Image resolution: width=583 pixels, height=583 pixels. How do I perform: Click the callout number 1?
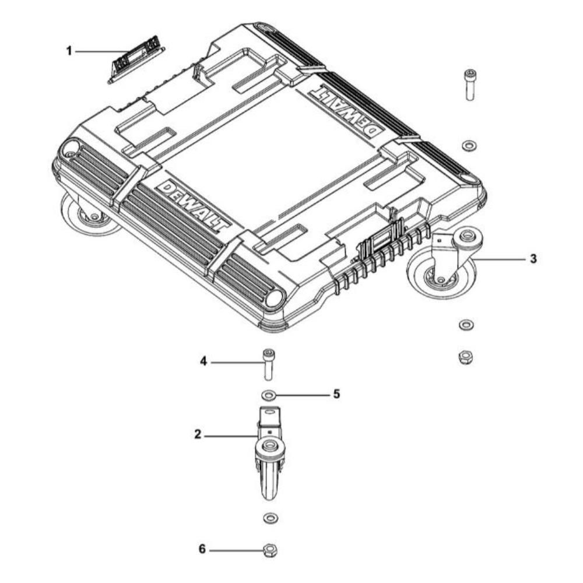(x=69, y=51)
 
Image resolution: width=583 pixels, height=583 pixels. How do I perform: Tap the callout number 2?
(x=198, y=434)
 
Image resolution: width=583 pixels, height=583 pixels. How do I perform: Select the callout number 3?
(x=533, y=259)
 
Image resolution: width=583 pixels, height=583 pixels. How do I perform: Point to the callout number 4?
(x=203, y=361)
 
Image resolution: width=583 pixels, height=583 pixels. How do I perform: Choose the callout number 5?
(x=336, y=394)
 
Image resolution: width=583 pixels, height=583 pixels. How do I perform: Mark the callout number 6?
(x=202, y=549)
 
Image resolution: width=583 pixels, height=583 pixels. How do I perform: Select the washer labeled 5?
(x=268, y=395)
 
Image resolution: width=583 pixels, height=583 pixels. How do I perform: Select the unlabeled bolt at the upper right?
(x=470, y=85)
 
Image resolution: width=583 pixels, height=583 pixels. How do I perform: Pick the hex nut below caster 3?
(x=465, y=357)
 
